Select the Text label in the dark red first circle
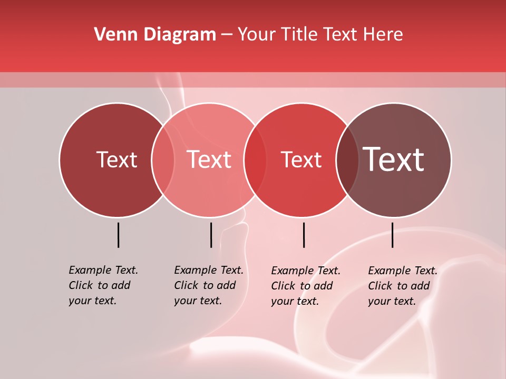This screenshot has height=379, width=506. tap(116, 160)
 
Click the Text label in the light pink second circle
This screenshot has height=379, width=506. tap(209, 159)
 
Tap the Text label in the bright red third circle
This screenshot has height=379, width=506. tap(301, 160)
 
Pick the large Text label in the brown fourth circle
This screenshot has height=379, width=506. tap(394, 159)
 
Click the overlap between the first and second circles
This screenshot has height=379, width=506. tap(163, 160)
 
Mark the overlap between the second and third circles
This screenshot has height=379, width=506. tap(256, 160)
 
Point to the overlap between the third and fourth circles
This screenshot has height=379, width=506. tap(347, 160)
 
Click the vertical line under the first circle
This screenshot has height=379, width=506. tap(119, 235)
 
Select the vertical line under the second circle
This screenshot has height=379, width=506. tap(211, 235)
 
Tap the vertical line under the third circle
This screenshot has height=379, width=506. tap(304, 235)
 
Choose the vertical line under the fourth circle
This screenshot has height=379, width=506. tap(393, 235)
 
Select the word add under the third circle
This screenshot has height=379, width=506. tap(322, 286)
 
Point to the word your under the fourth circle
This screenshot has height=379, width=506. tap(379, 301)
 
